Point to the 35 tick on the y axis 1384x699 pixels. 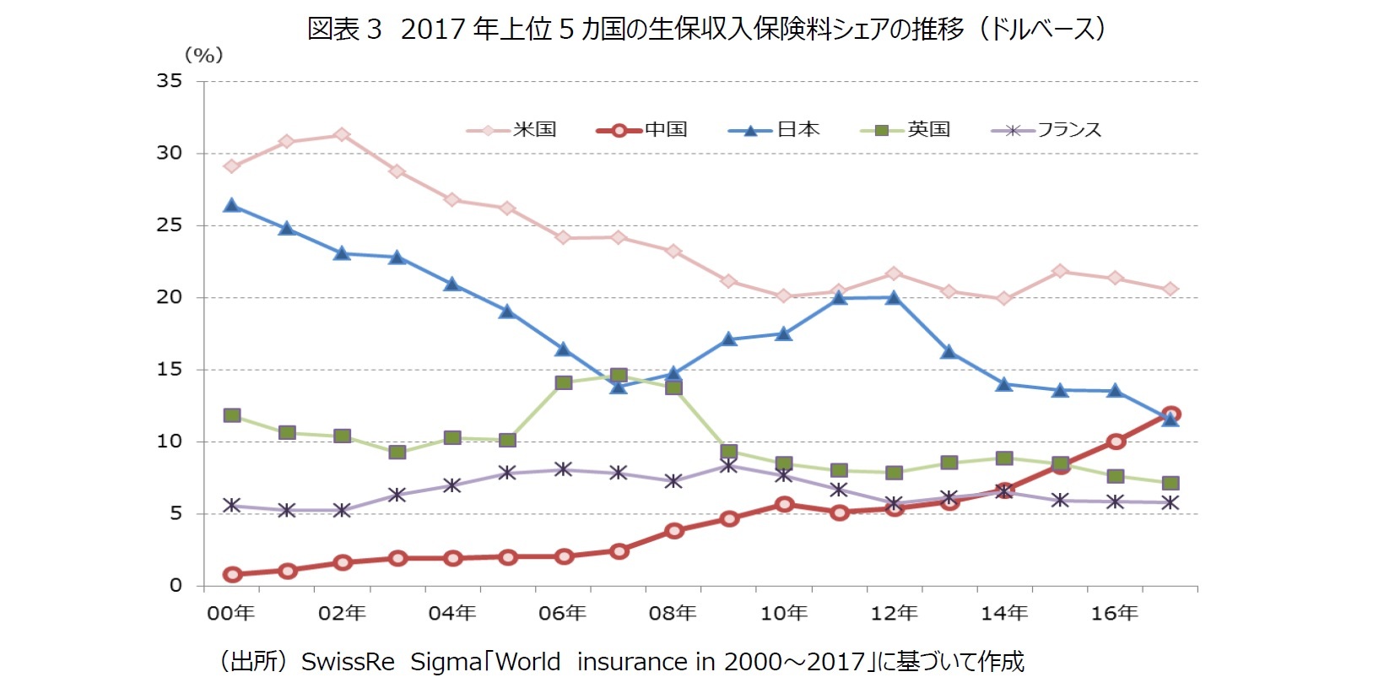170,81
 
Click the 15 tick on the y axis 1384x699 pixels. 170,370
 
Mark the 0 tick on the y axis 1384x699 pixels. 176,586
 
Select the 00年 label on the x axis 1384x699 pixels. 231,614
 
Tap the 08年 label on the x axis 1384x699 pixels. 673,614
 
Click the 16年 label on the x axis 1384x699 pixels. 1114,614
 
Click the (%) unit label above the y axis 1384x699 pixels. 203,56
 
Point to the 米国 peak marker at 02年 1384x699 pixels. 342,135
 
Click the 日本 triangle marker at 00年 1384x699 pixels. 232,205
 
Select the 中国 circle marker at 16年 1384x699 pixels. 1116,442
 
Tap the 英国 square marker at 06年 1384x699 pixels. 564,382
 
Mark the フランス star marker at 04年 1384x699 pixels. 452,485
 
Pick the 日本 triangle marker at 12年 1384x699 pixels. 894,297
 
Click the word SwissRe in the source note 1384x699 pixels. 348,662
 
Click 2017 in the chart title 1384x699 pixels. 433,30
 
